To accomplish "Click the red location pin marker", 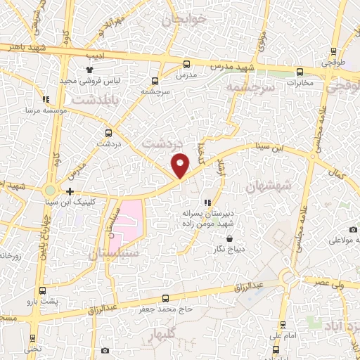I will tap(181, 165).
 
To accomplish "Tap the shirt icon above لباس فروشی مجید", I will tap(89, 70).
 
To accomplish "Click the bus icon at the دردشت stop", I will tap(108, 132).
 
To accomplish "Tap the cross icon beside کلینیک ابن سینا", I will tap(70, 191).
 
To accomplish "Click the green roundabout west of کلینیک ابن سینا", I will tap(50, 191).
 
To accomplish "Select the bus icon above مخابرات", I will tap(300, 71).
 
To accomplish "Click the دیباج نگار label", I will tap(229, 248).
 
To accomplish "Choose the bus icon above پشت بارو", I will tap(43, 290).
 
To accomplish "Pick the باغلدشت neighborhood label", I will tap(112, 102).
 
